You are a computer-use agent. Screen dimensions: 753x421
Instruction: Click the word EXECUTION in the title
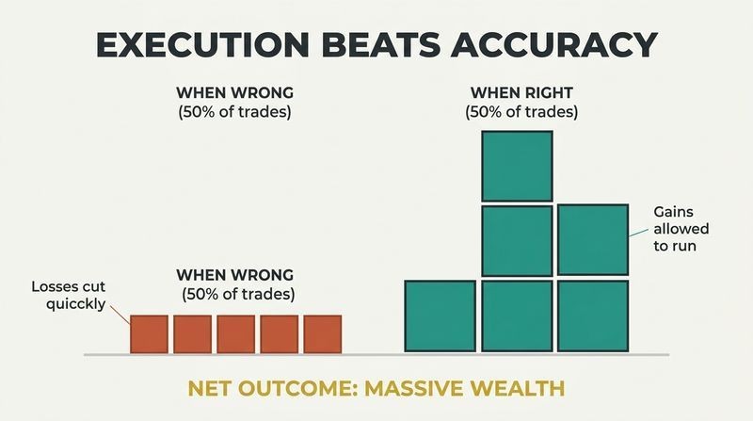202,44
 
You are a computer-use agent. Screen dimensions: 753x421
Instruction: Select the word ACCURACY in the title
553,44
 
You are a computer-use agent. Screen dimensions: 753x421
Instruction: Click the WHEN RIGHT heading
521,92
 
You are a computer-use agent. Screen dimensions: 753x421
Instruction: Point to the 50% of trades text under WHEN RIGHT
521,112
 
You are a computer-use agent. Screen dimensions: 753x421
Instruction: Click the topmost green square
517,166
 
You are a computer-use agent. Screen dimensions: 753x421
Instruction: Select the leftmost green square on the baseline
440,316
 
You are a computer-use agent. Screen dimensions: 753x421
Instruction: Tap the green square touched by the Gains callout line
593,240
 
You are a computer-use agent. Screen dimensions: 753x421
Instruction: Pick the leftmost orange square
149,334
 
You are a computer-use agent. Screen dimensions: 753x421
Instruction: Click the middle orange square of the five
236,334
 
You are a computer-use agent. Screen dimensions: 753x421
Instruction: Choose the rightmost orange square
323,334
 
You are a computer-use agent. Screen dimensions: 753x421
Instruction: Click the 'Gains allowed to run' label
681,229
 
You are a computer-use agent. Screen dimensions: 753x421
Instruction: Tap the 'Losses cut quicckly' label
68,295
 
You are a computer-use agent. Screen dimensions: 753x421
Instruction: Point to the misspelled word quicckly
75,303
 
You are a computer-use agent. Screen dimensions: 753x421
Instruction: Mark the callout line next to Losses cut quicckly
120,315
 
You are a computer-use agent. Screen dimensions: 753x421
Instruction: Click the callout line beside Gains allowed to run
639,233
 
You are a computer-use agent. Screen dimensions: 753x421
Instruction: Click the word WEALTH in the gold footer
514,388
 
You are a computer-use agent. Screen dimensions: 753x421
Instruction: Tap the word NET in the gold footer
208,388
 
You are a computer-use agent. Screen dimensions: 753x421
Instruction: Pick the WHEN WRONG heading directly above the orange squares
234,275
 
